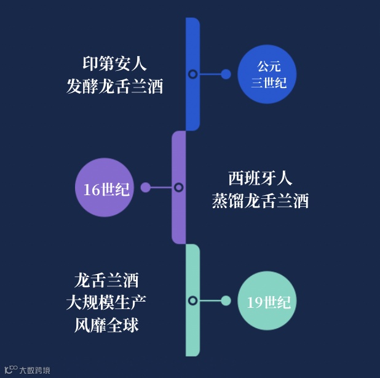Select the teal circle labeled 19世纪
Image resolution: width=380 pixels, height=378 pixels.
click(x=268, y=301)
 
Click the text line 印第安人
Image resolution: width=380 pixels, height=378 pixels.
click(x=114, y=63)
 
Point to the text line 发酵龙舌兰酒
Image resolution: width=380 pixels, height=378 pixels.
click(x=114, y=86)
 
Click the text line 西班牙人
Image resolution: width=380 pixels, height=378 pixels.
click(x=260, y=179)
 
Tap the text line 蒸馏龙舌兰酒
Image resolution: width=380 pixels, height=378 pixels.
click(x=260, y=201)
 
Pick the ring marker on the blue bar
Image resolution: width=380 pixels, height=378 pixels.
click(x=192, y=74)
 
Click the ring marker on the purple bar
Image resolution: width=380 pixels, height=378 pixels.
click(x=178, y=187)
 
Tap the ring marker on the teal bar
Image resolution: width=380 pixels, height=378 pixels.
click(x=192, y=300)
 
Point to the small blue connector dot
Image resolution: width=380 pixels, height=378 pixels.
click(x=226, y=74)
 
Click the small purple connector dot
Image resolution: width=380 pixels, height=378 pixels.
click(x=146, y=187)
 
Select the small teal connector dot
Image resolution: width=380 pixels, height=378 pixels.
click(x=226, y=300)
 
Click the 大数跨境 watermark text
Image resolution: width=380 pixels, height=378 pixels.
click(x=35, y=371)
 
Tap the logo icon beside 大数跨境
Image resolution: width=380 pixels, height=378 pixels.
click(x=11, y=370)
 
